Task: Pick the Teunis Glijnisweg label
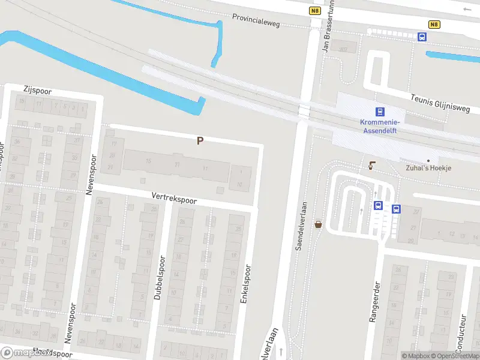[446, 103]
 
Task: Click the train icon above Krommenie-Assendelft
[379, 112]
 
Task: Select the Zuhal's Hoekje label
[428, 168]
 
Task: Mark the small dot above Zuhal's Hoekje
[428, 160]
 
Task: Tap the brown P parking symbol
[200, 140]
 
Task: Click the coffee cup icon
[371, 165]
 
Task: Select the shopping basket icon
[318, 224]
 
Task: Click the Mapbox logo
[26, 353]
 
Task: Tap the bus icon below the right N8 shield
[422, 37]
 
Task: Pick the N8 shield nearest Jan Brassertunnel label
[316, 10]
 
